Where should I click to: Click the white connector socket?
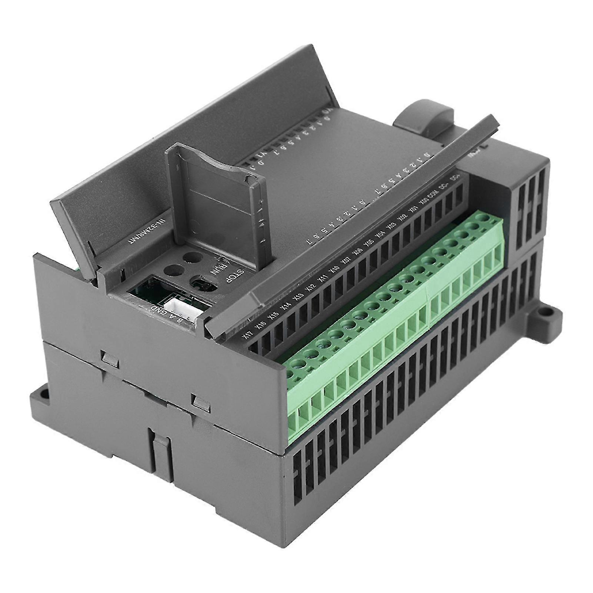[179, 307]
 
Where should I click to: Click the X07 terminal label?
[346, 260]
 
